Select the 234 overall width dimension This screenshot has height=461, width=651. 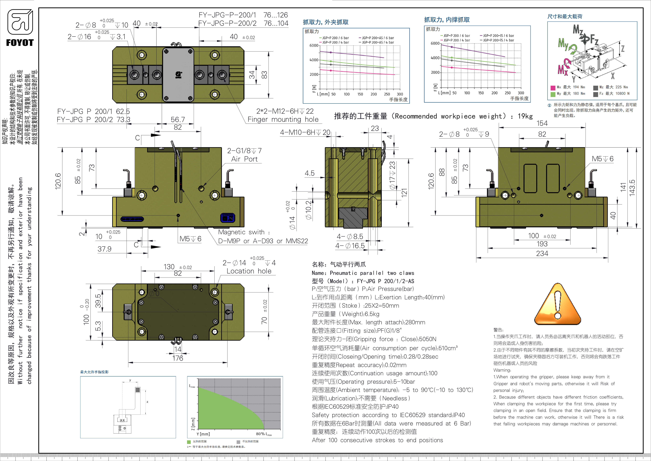[x=542, y=253]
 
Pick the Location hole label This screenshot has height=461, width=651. [x=249, y=271]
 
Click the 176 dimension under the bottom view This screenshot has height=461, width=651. [x=178, y=358]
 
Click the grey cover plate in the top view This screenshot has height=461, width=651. [x=178, y=74]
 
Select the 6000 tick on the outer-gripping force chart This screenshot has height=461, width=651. [x=314, y=45]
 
